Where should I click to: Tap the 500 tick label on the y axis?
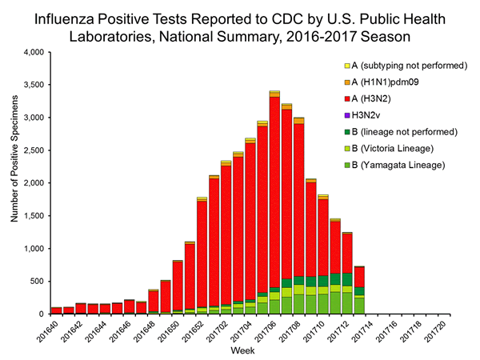pyautogui.click(x=38, y=281)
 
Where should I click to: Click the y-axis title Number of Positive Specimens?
pyautogui.click(x=14, y=182)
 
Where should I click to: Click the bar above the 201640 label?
pyautogui.click(x=56, y=310)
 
